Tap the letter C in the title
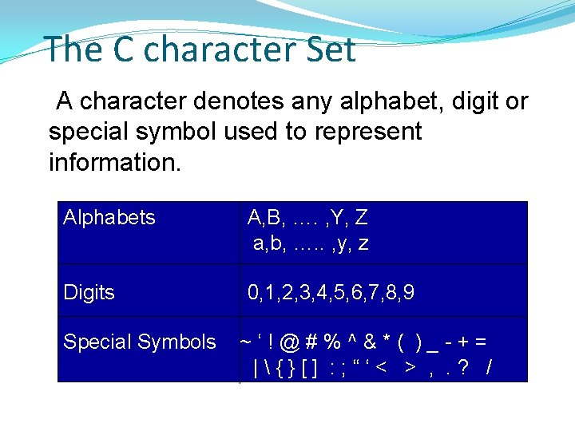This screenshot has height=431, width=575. coord(123,49)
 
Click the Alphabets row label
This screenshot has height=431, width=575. coord(109,217)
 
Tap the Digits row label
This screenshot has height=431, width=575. coord(89,293)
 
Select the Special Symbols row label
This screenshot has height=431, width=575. coord(140,342)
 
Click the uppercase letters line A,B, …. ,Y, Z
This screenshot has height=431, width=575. coord(307,217)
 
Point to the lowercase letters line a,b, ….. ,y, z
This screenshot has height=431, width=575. coord(311,244)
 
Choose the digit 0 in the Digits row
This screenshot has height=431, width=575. coord(253,293)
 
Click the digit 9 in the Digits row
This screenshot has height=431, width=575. coord(408,293)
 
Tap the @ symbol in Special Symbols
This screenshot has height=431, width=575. coord(291,342)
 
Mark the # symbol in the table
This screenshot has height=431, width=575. coord(312,342)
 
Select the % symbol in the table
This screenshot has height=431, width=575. coord(331,342)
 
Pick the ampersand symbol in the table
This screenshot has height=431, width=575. coord(370,342)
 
